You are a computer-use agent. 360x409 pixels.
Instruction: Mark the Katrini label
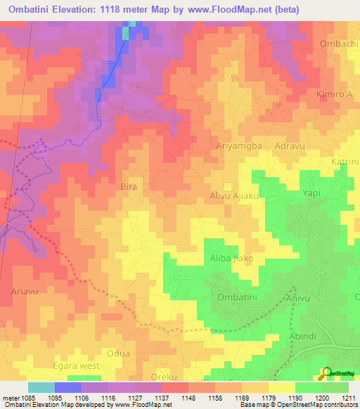(345, 162)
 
